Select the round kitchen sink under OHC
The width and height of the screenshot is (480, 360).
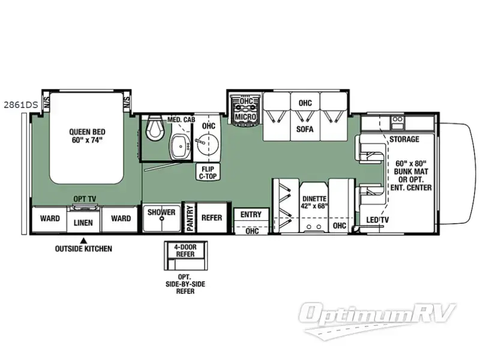[x=207, y=143]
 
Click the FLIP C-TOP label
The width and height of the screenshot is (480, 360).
[x=208, y=172]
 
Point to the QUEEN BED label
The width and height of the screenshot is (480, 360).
[x=87, y=136]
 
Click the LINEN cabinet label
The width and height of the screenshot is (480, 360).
[x=83, y=223]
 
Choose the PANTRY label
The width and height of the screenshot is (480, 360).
[x=190, y=218]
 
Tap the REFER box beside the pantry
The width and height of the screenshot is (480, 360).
[x=212, y=218]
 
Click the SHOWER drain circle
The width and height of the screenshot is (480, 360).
[x=162, y=219]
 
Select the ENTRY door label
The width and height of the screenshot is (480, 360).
[x=251, y=215]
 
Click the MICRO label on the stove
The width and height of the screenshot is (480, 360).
[x=246, y=116]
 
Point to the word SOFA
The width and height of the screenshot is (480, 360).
[x=305, y=129]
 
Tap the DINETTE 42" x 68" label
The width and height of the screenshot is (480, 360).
[x=314, y=202]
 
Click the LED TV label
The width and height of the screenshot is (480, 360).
[x=377, y=220]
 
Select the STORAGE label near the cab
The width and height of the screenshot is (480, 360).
[x=404, y=139]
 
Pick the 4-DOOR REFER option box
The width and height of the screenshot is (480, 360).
[x=185, y=256]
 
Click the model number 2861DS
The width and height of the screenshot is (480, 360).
[x=20, y=105]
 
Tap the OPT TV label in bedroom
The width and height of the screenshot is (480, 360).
[x=85, y=199]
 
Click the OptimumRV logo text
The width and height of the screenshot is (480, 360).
[x=377, y=314]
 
